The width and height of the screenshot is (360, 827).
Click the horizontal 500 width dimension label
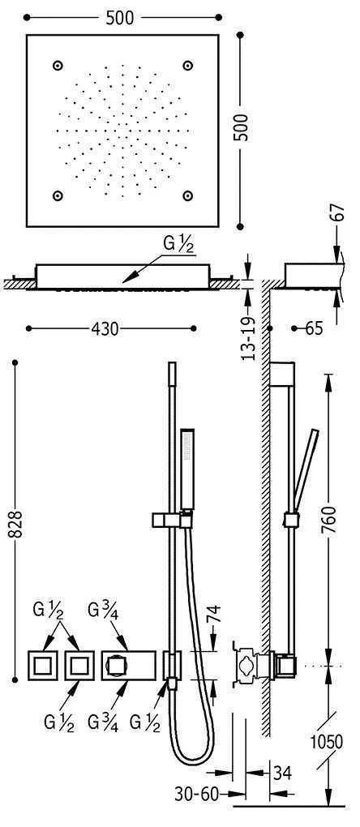(120, 18)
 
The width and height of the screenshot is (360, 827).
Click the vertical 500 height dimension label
(241, 127)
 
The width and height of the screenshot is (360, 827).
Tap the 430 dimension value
(105, 328)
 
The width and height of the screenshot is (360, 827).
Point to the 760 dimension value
(328, 520)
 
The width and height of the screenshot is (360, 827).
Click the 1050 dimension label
(326, 742)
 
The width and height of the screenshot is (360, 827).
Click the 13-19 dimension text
(248, 337)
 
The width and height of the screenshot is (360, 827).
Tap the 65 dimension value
(314, 328)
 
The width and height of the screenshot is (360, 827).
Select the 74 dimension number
(214, 615)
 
